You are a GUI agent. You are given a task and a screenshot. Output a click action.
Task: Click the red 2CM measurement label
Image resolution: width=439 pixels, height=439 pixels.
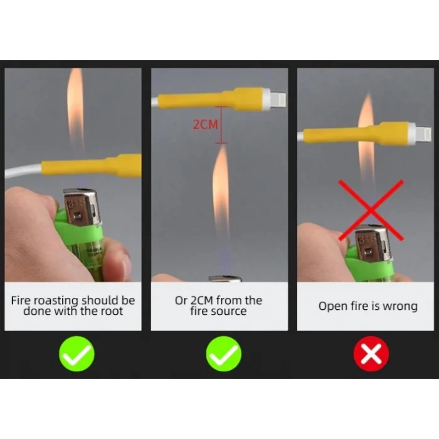[205, 124]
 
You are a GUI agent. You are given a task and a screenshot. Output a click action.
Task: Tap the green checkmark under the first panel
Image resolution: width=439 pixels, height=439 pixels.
[77, 354]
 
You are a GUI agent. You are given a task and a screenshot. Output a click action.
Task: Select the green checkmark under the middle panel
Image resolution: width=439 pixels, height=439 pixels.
[223, 354]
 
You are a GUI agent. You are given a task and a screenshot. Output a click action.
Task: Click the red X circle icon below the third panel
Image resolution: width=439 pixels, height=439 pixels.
[371, 354]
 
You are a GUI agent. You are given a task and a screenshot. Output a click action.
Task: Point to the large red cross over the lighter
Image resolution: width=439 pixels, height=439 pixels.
[371, 210]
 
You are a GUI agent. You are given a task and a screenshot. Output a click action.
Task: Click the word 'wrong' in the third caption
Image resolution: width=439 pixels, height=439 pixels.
[400, 306]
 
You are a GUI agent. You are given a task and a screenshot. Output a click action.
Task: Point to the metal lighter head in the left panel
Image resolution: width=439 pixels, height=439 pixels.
[82, 207]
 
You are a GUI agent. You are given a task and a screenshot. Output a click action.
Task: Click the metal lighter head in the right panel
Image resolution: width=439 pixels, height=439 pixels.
[373, 243]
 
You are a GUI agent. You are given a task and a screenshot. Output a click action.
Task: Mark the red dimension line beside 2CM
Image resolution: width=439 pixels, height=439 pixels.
[221, 125]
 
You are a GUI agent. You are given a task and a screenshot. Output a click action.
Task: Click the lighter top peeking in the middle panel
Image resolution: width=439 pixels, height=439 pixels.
[225, 278]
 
